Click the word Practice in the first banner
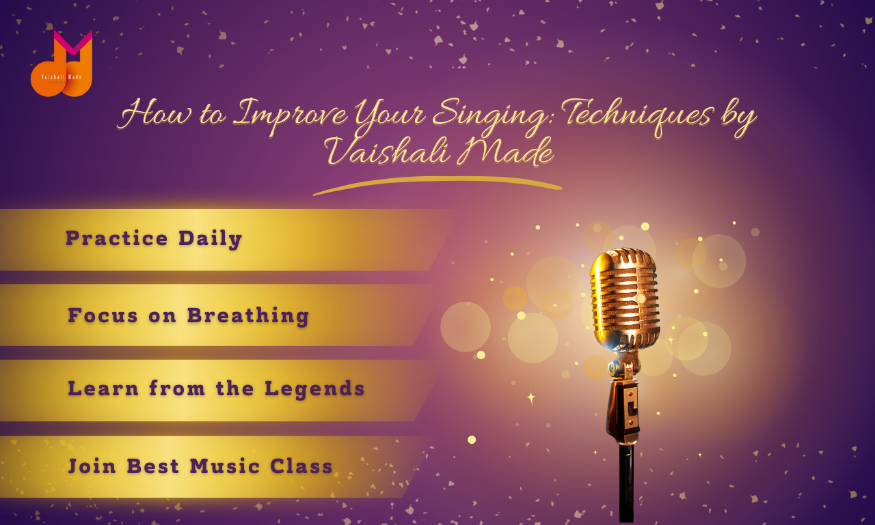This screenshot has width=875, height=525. coord(117,238)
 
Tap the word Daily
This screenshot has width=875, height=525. coord(210,239)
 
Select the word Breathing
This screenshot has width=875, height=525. coord(248,315)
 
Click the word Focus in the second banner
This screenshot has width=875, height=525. coord(103,315)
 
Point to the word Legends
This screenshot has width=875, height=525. coord(314,389)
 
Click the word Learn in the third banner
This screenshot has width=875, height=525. coord(103,388)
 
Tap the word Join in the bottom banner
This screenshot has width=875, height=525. coord(92,466)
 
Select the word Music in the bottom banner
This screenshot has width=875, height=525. coord(225,466)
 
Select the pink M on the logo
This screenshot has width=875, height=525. coord(73,42)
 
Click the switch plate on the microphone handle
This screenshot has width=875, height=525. coord(630,408)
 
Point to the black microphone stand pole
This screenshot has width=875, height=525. coord(626,483)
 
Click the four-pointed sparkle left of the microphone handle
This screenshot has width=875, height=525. coord(531,398)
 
